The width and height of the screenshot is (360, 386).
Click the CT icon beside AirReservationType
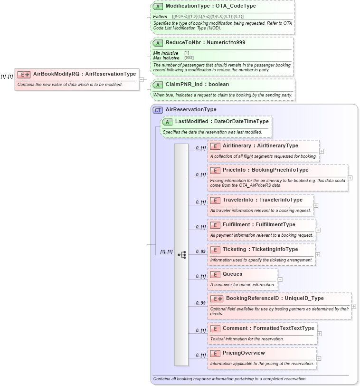coord(158,110)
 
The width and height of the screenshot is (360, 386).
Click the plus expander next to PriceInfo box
coord(350,178)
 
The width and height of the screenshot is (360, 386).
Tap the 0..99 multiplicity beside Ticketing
coord(200,251)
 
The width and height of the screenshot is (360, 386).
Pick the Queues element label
coord(232,274)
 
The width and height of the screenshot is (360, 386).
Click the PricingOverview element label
coord(244,353)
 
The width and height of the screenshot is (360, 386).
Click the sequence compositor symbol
coord(181,255)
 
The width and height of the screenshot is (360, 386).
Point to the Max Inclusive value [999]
coord(189,58)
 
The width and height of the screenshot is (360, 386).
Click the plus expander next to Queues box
coord(280,280)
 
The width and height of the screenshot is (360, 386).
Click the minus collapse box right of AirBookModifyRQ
coord(141,79)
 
